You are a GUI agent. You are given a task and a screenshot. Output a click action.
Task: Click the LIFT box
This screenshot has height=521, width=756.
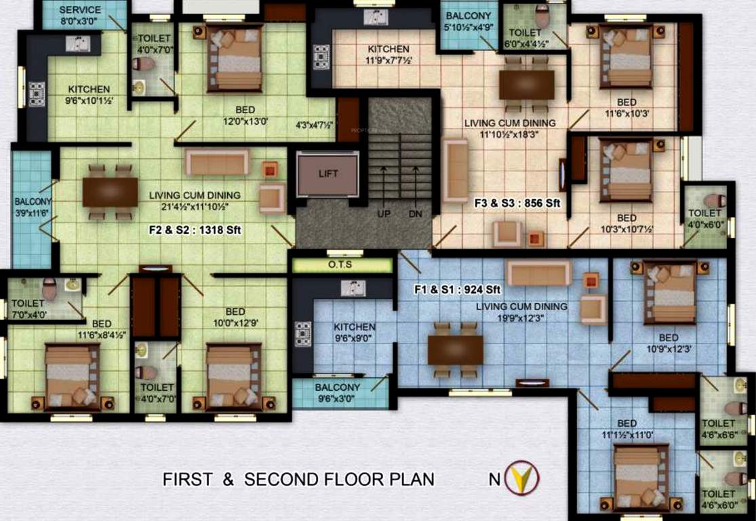[327, 174]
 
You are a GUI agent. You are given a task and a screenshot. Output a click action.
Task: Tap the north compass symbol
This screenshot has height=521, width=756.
[522, 478]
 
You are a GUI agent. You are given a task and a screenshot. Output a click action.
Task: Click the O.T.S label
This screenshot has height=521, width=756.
[340, 265]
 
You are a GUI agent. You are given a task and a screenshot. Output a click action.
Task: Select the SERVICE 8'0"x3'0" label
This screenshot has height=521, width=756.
[80, 15]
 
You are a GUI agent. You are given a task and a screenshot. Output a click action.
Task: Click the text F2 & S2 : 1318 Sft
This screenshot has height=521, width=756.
[195, 231]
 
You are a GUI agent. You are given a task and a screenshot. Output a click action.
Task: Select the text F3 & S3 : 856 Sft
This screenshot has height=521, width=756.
[517, 202]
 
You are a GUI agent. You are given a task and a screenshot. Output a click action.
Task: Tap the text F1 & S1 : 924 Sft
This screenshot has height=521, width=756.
[458, 290]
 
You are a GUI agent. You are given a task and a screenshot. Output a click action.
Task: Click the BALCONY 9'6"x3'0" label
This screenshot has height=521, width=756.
[338, 393]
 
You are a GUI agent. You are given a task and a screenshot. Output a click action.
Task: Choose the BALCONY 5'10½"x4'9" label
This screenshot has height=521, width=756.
[469, 22]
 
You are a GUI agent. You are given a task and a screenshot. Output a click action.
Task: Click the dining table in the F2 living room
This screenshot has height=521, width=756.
[110, 192]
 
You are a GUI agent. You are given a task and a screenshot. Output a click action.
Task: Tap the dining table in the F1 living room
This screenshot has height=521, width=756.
[455, 349]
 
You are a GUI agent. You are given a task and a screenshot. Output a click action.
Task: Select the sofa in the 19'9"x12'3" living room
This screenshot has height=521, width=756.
[539, 274]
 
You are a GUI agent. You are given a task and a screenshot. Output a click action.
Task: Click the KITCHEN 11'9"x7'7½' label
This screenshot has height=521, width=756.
[389, 54]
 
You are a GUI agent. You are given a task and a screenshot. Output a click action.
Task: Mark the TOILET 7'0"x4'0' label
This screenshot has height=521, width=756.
[28, 309]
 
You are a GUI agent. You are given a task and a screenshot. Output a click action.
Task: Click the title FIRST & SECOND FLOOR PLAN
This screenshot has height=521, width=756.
[298, 479]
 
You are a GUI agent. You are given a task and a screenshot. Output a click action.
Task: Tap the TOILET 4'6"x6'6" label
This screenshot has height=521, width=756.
[719, 429]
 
